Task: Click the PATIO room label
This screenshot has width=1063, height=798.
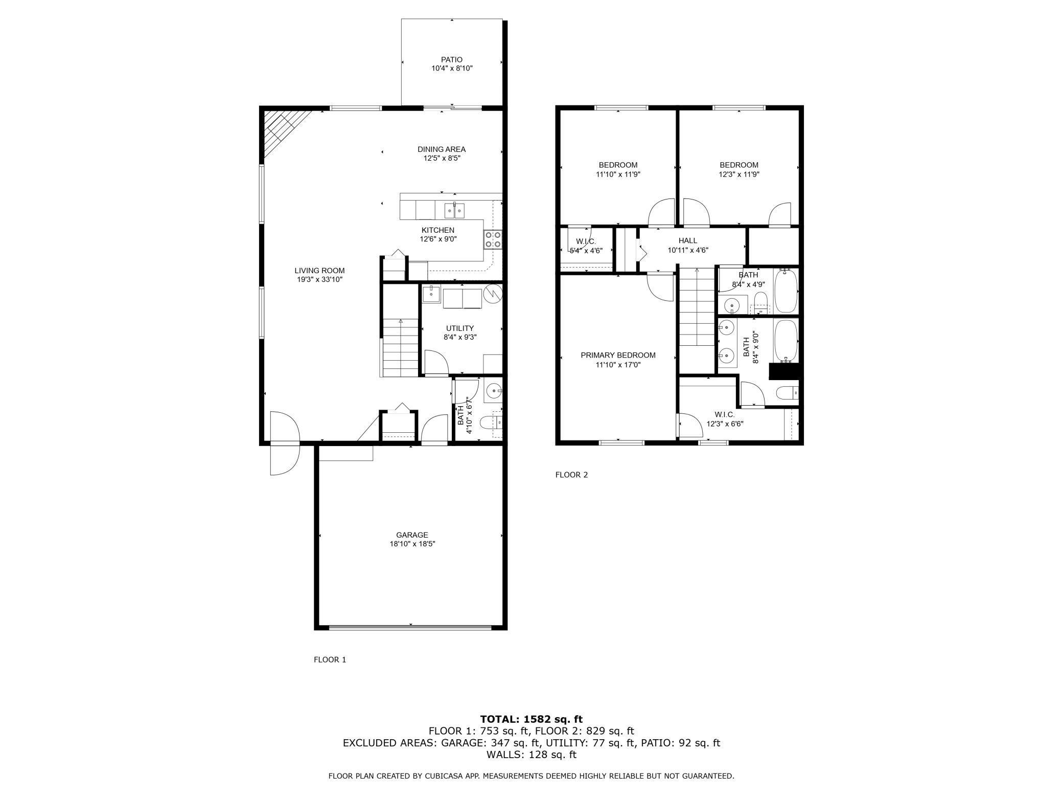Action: (452, 60)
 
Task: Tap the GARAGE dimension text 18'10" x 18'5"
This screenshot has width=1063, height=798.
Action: (412, 544)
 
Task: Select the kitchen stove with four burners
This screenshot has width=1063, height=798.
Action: (493, 239)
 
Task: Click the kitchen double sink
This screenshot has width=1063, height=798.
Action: (454, 210)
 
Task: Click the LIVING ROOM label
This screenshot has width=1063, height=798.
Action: (319, 271)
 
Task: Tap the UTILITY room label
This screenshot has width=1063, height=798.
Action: (460, 328)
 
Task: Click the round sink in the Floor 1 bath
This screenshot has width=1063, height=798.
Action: (494, 392)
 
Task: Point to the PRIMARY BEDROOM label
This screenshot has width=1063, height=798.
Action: (618, 356)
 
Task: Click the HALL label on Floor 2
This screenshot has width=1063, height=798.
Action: (687, 241)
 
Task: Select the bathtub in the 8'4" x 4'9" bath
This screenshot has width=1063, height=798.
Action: (785, 290)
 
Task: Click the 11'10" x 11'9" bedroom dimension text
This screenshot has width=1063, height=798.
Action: (618, 174)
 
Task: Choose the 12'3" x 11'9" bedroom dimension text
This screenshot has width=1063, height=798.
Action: (739, 174)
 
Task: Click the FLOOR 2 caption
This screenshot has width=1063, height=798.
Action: (571, 475)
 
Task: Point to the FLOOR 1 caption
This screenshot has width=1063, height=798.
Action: (330, 660)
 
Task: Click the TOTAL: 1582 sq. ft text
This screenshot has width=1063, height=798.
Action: (531, 720)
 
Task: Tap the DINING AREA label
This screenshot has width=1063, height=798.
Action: (442, 149)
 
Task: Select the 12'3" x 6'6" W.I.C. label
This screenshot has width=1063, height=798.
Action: (725, 419)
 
